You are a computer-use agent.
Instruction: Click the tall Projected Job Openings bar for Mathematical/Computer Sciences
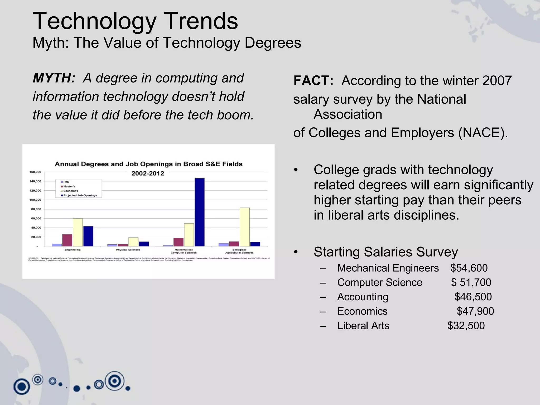[x=199, y=212]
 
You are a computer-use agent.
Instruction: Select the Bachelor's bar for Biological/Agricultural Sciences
[x=245, y=227]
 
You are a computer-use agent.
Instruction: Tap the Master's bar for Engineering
[x=67, y=240]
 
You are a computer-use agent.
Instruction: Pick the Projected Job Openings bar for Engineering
[x=88, y=236]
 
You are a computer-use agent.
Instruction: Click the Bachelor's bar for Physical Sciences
[x=133, y=242]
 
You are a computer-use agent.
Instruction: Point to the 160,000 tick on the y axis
[x=35, y=172]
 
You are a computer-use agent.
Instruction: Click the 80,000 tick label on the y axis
[x=36, y=209]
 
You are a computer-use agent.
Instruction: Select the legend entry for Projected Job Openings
[x=80, y=195]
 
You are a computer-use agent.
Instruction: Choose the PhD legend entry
[x=66, y=182]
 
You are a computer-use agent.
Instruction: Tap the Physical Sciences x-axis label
[x=128, y=250]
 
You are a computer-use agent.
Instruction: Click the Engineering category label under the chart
[x=73, y=250]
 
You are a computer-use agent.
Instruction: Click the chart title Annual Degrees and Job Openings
[x=148, y=164]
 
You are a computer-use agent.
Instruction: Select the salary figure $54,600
[x=469, y=268]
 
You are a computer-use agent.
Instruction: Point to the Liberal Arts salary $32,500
[x=466, y=326]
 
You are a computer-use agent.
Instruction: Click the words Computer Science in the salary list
[x=380, y=282]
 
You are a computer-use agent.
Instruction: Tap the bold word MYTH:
[x=54, y=78]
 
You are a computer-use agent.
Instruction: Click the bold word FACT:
[x=314, y=81]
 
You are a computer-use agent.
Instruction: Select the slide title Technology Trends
[x=135, y=21]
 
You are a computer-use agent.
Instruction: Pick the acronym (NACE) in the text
[x=483, y=133]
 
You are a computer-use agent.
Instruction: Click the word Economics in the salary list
[x=362, y=311]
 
